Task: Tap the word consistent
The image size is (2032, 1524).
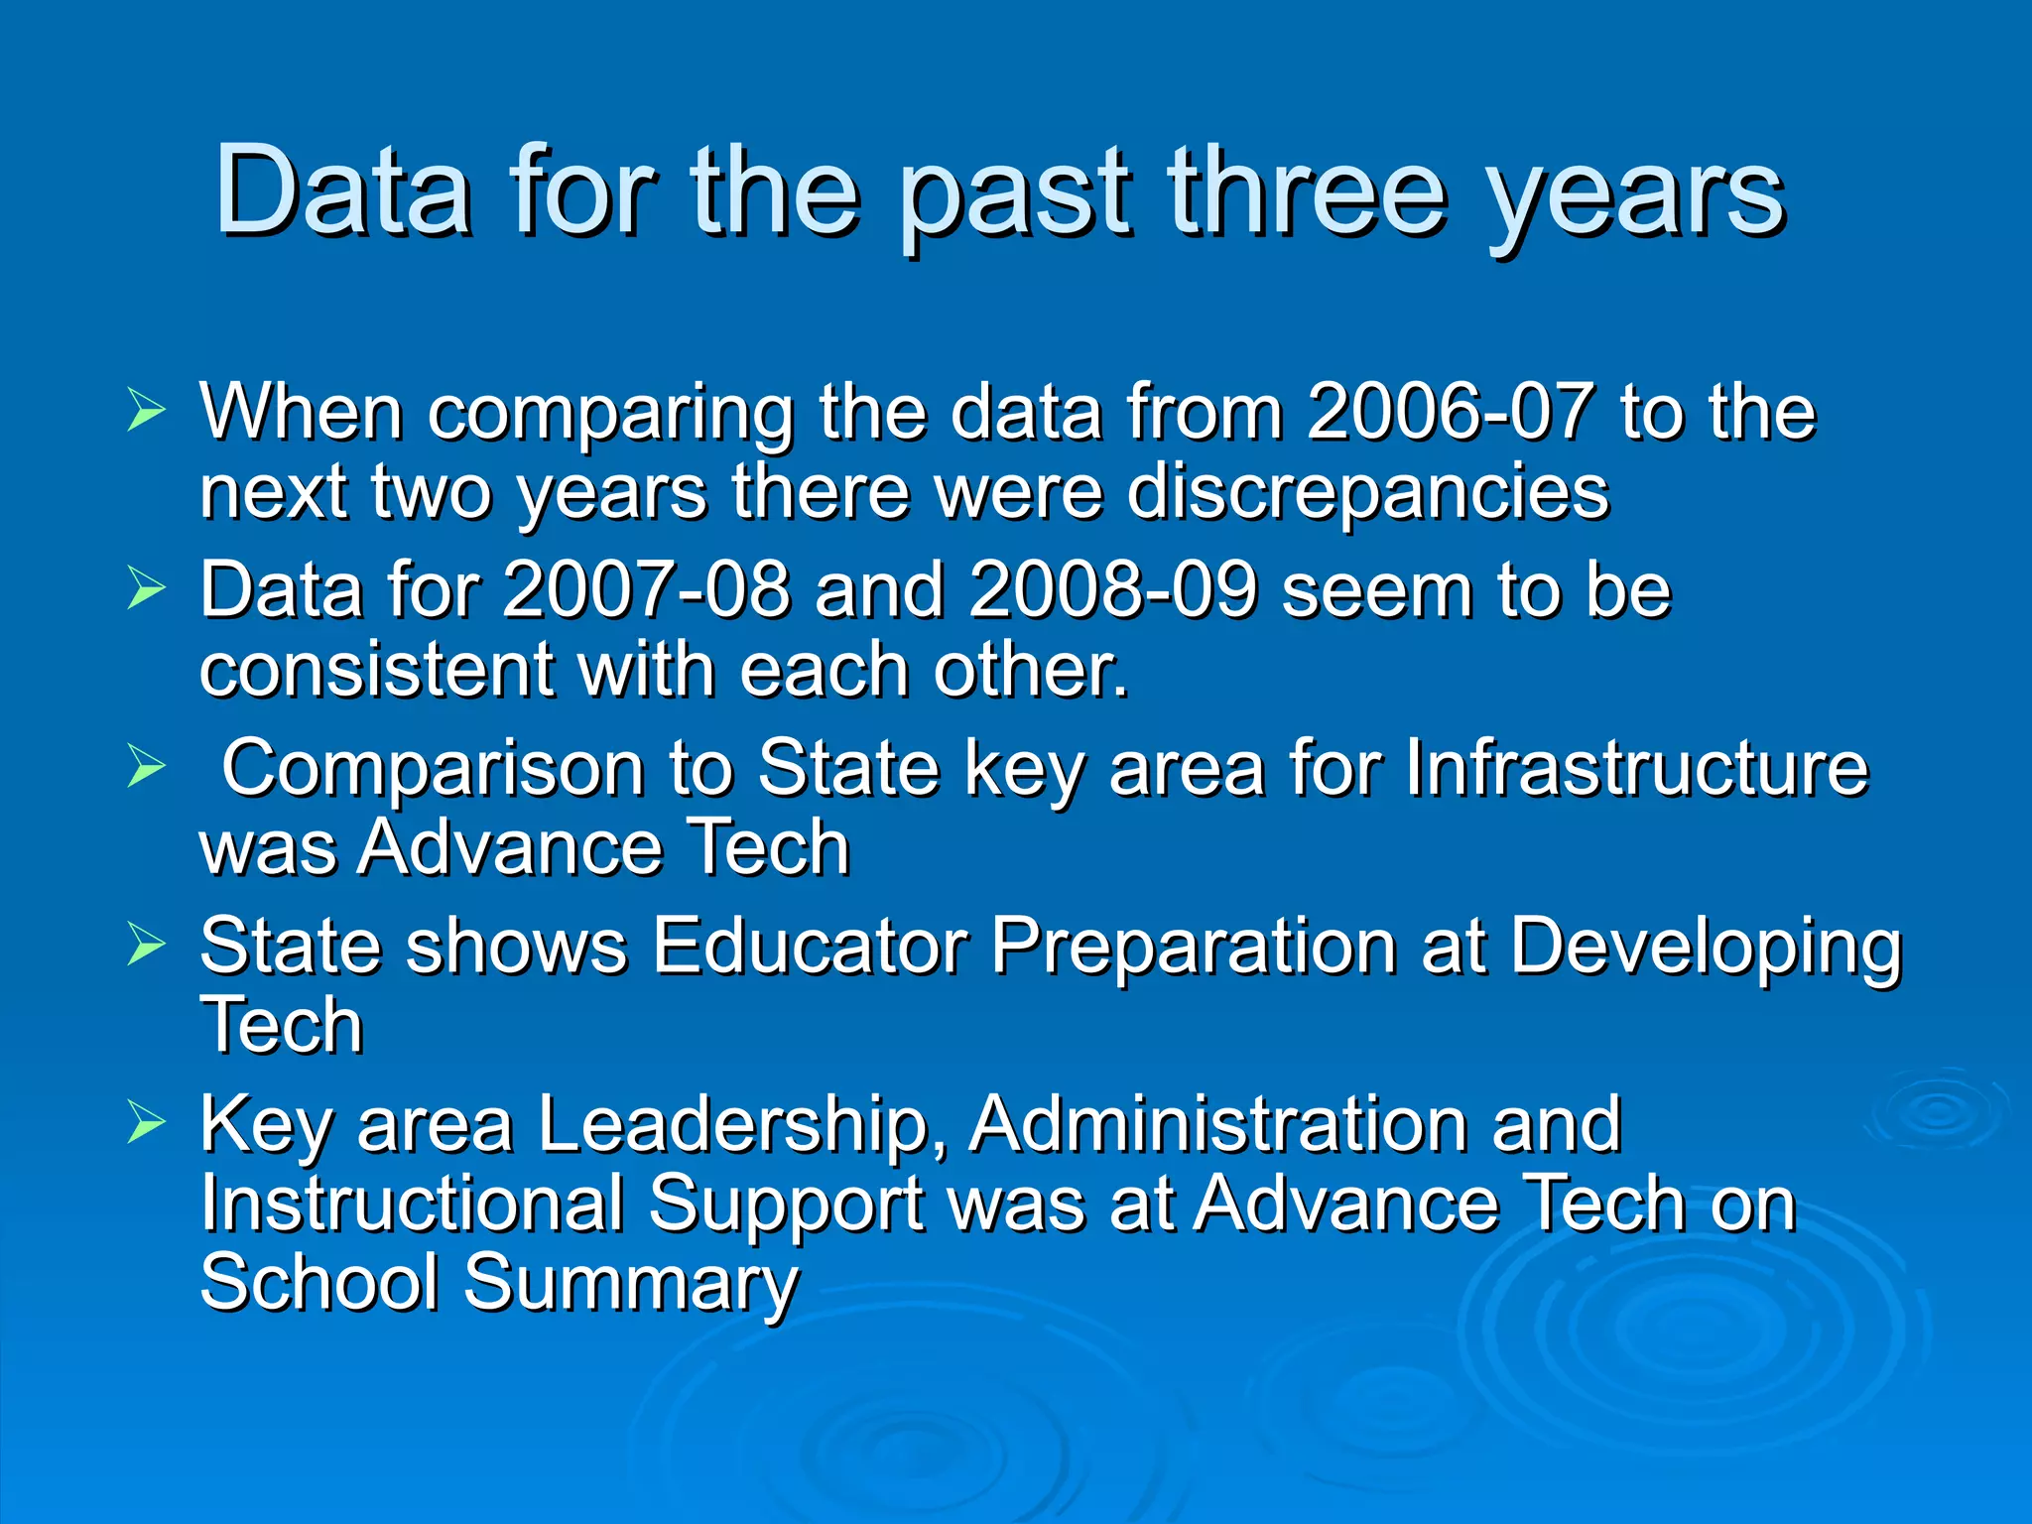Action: pos(376,670)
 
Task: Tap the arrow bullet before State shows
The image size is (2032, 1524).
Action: pos(146,944)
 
